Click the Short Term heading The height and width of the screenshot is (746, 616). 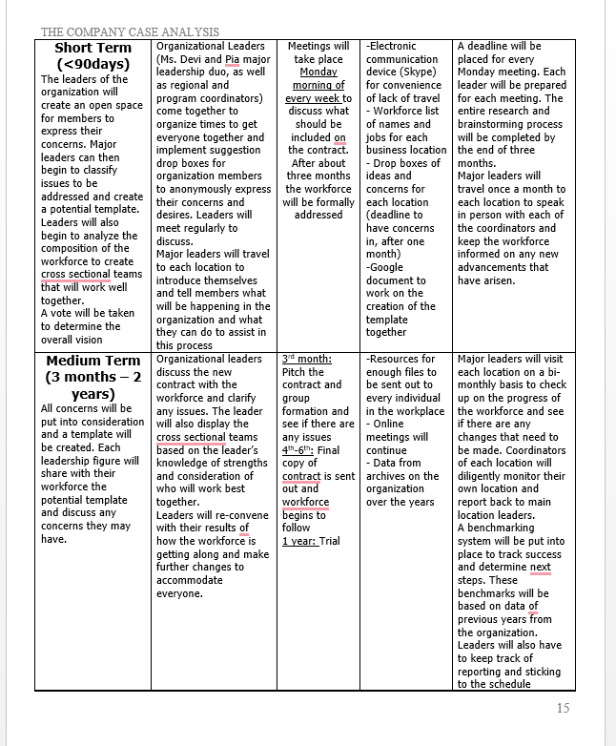(92, 48)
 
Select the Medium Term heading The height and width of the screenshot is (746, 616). (92, 361)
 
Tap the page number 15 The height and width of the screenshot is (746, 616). (562, 708)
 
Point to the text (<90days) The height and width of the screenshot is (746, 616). (92, 64)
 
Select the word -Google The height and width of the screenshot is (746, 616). (386, 268)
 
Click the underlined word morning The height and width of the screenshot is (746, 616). (314, 85)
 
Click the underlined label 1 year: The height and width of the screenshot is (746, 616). (298, 541)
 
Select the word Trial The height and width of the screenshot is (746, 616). (329, 541)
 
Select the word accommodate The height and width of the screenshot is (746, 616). (189, 580)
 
